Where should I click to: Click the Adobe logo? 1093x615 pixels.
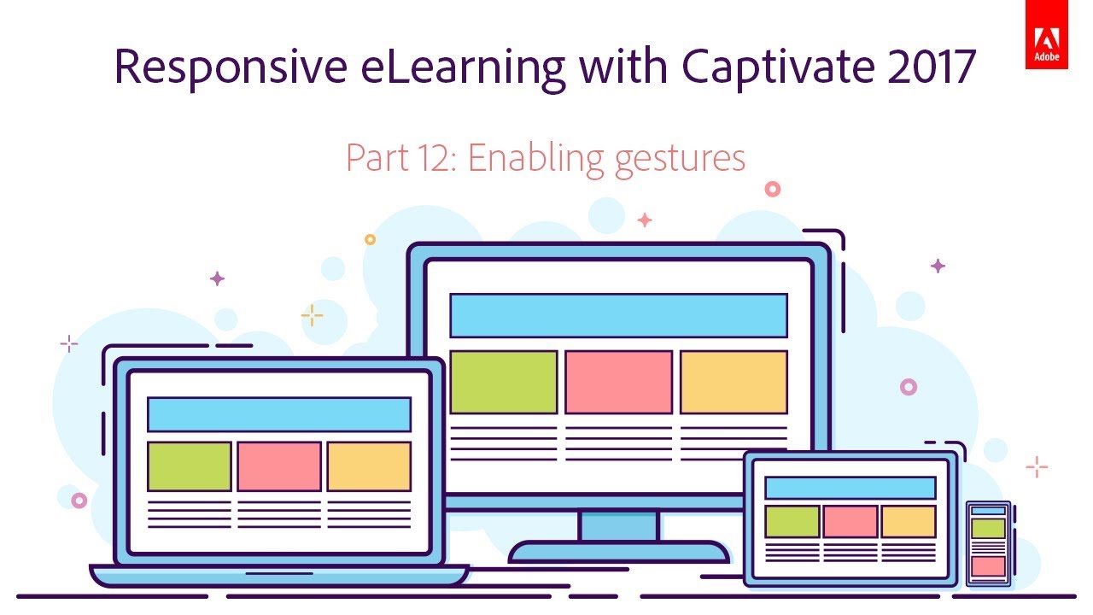1046,45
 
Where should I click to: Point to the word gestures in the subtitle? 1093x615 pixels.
680,159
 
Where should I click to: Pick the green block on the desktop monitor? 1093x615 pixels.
503,382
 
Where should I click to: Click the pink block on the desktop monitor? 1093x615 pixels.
618,382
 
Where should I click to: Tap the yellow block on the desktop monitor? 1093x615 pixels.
734,382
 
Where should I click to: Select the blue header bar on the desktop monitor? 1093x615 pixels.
618,315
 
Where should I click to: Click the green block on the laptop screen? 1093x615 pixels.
190,466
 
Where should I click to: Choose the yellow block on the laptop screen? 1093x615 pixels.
369,466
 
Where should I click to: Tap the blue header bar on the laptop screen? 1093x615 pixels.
279,414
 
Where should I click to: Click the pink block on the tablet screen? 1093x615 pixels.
850,521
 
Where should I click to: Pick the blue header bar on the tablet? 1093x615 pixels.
850,488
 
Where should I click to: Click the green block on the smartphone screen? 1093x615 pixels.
988,529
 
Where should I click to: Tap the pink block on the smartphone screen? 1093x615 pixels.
988,565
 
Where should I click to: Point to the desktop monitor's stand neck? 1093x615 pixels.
618,525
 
